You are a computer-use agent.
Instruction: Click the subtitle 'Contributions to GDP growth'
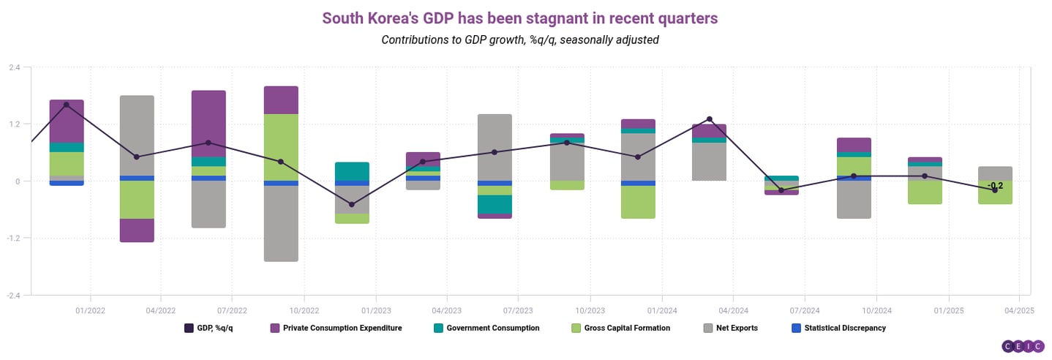pos(519,40)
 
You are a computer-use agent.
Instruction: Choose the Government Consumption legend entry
pos(486,328)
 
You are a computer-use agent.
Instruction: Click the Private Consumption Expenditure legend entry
pos(336,328)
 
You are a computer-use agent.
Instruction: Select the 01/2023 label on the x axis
pos(375,310)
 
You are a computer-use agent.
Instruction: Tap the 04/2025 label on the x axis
pos(1018,310)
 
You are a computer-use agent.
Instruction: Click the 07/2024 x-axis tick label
pos(804,310)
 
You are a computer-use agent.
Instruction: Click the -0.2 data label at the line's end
pos(995,186)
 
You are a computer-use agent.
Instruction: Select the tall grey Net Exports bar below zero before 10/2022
pos(281,223)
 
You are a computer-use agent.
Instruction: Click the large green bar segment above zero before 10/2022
pos(281,147)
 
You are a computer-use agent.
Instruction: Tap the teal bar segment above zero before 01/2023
pos(352,171)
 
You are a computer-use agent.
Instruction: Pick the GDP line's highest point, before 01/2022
pos(67,105)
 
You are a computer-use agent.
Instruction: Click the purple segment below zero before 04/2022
pos(137,230)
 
